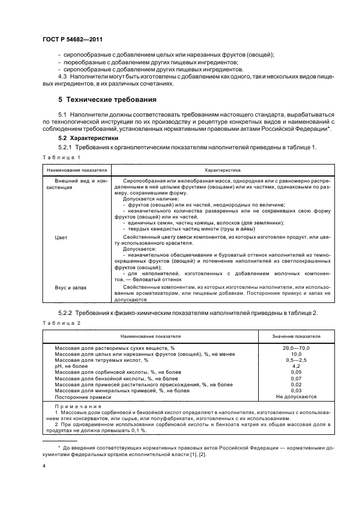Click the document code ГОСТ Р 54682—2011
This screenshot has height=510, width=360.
point(72,40)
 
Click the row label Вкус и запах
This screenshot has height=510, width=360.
point(70,287)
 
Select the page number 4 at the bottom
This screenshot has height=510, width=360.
point(44,466)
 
